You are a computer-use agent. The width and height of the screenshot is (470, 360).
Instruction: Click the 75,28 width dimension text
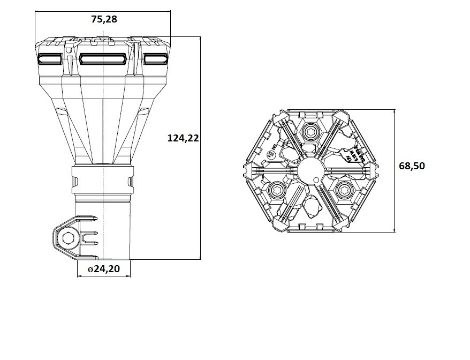pyautogui.click(x=104, y=19)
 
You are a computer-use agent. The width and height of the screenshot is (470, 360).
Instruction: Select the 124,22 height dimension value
pyautogui.click(x=183, y=138)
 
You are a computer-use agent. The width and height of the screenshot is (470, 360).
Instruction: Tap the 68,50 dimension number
pyautogui.click(x=412, y=166)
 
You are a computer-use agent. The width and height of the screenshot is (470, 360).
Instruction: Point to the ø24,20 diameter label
pyautogui.click(x=104, y=269)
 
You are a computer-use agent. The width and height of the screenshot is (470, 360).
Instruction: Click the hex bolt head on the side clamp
pyautogui.click(x=68, y=238)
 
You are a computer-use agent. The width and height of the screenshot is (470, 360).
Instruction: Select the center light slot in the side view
pyautogui.click(x=103, y=59)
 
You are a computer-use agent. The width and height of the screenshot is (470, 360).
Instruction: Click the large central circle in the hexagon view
pyautogui.click(x=310, y=171)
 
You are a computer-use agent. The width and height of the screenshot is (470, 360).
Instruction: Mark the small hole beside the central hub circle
pyautogui.click(x=317, y=179)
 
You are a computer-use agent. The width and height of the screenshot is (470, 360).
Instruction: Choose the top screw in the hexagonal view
pyautogui.click(x=310, y=133)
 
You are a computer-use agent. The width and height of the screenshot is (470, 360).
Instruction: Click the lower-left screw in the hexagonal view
pyautogui.click(x=278, y=189)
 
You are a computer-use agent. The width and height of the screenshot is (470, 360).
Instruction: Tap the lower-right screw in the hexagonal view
pyautogui.click(x=343, y=189)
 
